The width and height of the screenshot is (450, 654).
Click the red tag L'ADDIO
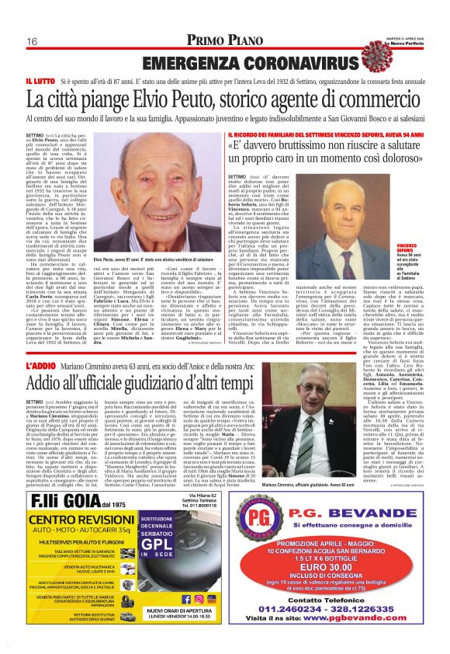pyautogui.click(x=40, y=364)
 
